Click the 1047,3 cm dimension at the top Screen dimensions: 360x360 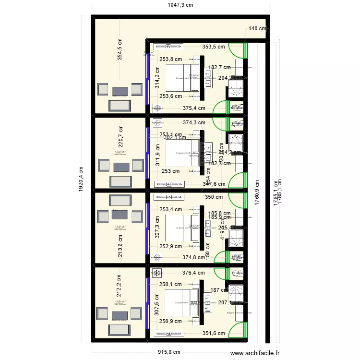click(180, 5)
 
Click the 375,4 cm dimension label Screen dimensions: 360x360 click(194, 108)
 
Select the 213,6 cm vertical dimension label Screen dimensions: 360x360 click(120, 245)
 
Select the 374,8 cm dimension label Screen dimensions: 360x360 click(194, 257)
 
